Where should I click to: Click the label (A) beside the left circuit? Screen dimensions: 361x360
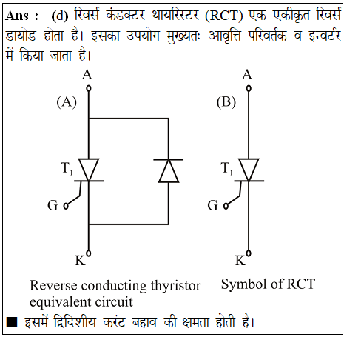(x=67, y=102)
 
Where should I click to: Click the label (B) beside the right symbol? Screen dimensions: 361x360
(x=226, y=102)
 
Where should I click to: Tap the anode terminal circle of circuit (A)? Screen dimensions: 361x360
(x=89, y=88)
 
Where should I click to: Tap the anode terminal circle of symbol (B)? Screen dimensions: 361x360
(x=249, y=88)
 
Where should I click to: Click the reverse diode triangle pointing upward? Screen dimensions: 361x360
(x=169, y=171)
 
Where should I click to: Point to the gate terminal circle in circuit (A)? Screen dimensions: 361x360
(x=66, y=206)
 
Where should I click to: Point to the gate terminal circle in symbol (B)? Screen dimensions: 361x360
(x=226, y=206)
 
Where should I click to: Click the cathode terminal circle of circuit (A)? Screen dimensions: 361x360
(x=89, y=253)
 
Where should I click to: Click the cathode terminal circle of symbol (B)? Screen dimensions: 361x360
(x=249, y=253)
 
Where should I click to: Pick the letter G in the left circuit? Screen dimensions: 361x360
(x=53, y=205)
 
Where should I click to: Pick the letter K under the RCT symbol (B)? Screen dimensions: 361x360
(x=240, y=261)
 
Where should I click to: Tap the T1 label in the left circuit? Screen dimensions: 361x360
(x=67, y=168)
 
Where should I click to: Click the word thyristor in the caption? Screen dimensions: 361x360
(x=175, y=286)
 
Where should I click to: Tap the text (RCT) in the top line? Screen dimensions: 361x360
(x=223, y=16)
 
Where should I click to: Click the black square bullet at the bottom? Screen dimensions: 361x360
(x=12, y=322)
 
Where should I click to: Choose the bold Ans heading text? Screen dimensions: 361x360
(x=17, y=16)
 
